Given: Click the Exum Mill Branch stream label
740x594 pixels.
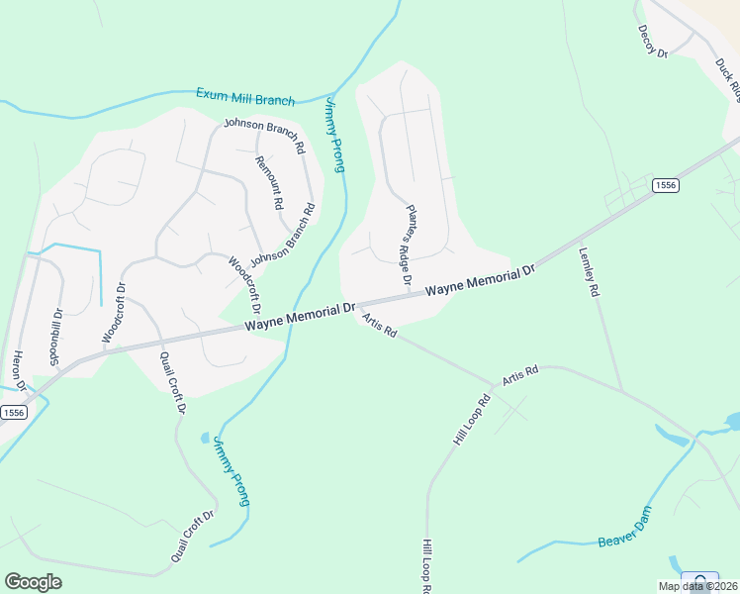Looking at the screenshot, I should pyautogui.click(x=245, y=97).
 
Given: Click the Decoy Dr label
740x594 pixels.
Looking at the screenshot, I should pyautogui.click(x=653, y=42).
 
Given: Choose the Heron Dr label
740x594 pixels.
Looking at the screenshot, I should pyautogui.click(x=17, y=372).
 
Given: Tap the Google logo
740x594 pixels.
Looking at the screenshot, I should pyautogui.click(x=33, y=582).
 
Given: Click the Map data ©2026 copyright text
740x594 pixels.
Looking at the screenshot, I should pyautogui.click(x=697, y=586).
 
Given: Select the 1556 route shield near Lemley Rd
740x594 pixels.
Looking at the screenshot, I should pyautogui.click(x=665, y=185).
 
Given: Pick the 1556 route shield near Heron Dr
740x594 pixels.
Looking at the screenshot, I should pyautogui.click(x=13, y=412).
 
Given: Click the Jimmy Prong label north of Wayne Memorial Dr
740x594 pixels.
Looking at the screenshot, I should pyautogui.click(x=334, y=135).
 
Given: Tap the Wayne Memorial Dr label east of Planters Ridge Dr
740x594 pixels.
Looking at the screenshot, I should pyautogui.click(x=480, y=279).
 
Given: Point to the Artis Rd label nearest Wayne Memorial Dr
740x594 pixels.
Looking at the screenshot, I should pyautogui.click(x=379, y=326).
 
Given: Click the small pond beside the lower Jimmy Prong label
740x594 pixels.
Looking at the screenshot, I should pyautogui.click(x=205, y=437).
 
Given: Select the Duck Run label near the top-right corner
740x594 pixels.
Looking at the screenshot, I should pyautogui.click(x=729, y=79).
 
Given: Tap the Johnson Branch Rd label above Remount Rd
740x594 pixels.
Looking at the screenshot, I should pyautogui.click(x=263, y=134).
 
